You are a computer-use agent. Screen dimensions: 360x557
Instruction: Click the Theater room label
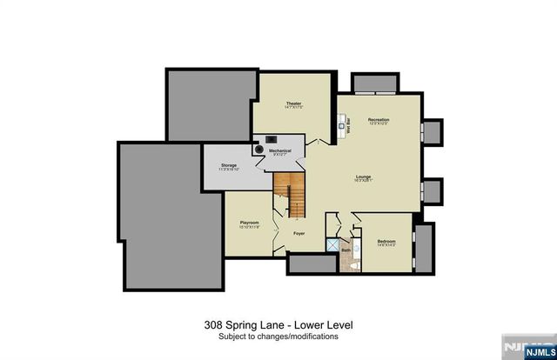click(x=293, y=105)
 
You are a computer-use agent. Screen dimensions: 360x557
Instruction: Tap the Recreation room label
click(x=378, y=120)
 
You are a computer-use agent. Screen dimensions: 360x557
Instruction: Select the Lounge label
click(x=363, y=179)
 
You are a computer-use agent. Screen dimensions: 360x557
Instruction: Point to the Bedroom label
click(x=386, y=242)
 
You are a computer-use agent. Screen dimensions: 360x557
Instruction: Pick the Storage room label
click(x=229, y=165)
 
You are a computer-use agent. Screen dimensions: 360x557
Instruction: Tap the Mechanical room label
click(x=279, y=151)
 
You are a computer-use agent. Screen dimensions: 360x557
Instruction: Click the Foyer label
click(x=299, y=233)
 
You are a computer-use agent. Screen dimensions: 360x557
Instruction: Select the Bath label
click(x=345, y=250)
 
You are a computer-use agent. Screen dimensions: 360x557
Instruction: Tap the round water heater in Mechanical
click(x=258, y=149)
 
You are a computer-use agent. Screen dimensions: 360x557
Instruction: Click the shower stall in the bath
click(x=332, y=246)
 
